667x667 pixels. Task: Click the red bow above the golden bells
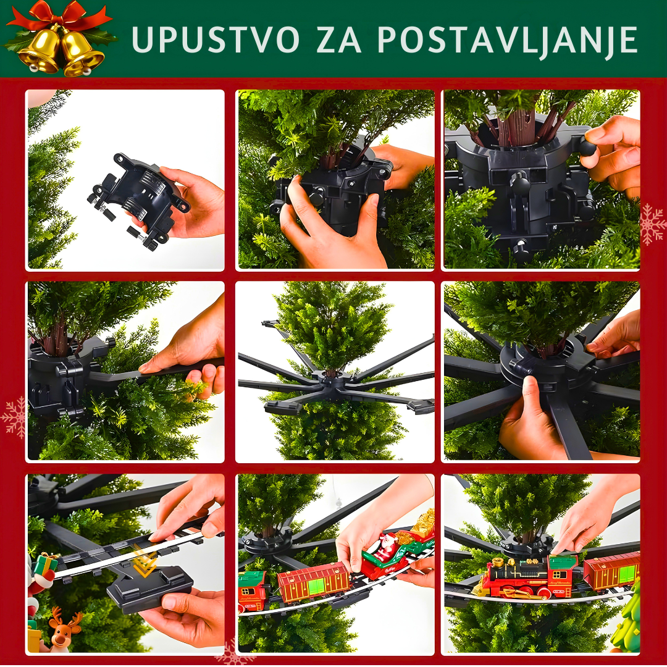pos(59,15)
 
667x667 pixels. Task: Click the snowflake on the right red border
pos(652,225)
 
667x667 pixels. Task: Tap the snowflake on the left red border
pos(14,418)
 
